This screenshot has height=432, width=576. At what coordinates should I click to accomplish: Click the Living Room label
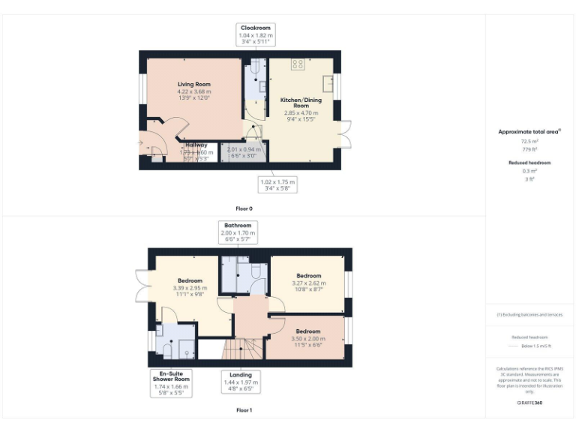pos(193,84)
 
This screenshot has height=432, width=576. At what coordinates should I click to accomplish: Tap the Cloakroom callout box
pos(255,34)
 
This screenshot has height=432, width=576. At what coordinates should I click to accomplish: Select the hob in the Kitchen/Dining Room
pos(298,64)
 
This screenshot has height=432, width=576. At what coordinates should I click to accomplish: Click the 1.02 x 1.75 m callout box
pos(277,184)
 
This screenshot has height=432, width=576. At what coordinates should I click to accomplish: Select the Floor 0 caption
pos(244,208)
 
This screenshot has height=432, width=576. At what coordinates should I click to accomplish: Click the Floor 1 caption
pos(244,410)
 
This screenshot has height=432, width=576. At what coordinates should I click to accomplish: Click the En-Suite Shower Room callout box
pos(170,382)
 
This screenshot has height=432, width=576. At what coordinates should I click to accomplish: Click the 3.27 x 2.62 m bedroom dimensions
pos(308,283)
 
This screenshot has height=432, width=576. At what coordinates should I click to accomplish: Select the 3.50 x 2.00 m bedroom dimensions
pos(307,339)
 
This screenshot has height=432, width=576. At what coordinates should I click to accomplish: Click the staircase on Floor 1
pos(242,349)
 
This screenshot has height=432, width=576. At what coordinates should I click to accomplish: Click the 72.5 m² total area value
pos(529,140)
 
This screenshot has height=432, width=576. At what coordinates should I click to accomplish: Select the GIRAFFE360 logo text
pos(529,403)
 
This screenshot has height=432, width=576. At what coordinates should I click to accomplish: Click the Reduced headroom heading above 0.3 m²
pos(529,163)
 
